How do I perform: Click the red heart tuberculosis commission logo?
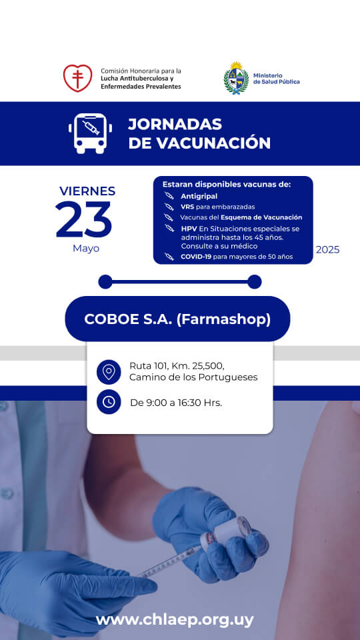[x=77, y=78]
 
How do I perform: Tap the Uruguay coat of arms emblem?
[x=236, y=78]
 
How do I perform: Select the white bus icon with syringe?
[x=90, y=133]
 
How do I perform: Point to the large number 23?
[x=84, y=219]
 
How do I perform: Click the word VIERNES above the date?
[x=87, y=191]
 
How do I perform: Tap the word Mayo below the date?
[x=86, y=248]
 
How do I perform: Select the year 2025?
[x=328, y=250]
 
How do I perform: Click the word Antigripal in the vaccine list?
[x=199, y=196]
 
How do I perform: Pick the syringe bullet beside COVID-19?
[x=169, y=257]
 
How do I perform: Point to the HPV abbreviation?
[x=188, y=229]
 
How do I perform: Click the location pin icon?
[x=109, y=372]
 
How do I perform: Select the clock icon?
[x=109, y=402]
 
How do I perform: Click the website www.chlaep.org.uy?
[x=175, y=620]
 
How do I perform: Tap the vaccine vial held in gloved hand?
[x=226, y=532]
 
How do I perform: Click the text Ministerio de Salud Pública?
[x=276, y=79]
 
